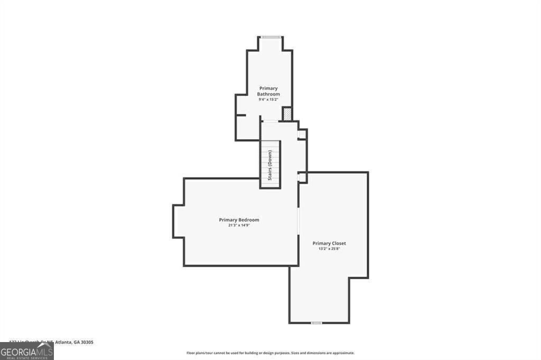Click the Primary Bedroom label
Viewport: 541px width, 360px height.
point(239,220)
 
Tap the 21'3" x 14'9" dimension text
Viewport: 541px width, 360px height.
point(239,225)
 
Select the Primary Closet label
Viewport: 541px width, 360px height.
point(329,243)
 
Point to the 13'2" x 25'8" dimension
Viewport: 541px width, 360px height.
point(329,249)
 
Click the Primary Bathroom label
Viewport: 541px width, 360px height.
point(268,91)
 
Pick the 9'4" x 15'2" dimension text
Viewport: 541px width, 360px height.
point(268,99)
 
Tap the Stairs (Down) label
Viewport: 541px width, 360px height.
point(270,165)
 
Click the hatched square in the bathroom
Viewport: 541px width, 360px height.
point(287,114)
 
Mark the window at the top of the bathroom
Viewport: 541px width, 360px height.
point(270,37)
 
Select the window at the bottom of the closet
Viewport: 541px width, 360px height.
point(316,323)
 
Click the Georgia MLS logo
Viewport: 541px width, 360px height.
point(26,351)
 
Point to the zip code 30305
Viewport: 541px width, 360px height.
point(87,342)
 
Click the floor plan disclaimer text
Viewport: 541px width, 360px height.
point(270,353)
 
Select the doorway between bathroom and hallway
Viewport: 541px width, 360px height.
point(270,122)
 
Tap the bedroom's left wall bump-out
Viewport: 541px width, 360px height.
point(178,221)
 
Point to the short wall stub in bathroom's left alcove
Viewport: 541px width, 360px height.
point(241,115)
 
